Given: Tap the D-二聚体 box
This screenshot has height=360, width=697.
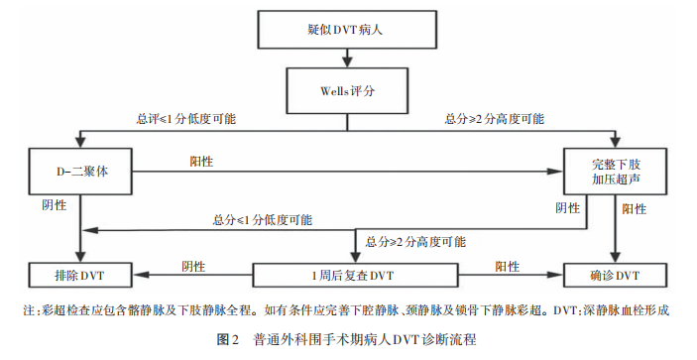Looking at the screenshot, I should (80, 171).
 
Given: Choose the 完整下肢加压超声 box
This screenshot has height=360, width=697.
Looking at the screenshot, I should (616, 171).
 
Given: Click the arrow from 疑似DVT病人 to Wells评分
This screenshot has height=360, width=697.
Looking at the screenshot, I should (346, 60).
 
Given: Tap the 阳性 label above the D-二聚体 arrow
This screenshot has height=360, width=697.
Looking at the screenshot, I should (202, 161).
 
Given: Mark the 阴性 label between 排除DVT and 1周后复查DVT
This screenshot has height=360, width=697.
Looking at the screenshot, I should (194, 265).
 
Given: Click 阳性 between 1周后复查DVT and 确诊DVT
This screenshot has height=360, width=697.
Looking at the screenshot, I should (507, 265).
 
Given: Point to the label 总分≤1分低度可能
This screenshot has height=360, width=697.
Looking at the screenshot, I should (262, 219).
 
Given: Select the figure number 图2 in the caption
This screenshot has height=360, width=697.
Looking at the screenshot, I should (228, 340).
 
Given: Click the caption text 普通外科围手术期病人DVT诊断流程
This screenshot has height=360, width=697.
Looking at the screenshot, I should (365, 340).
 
